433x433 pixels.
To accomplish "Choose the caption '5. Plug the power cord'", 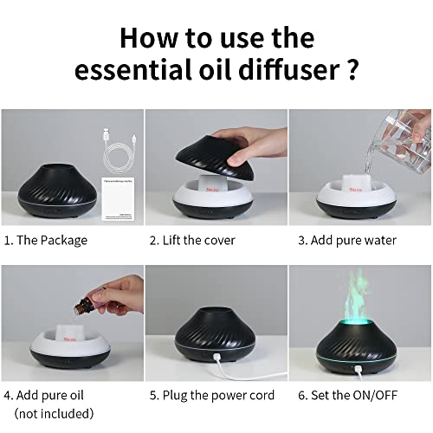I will (212, 396).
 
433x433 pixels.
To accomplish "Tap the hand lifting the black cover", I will (251, 138).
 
